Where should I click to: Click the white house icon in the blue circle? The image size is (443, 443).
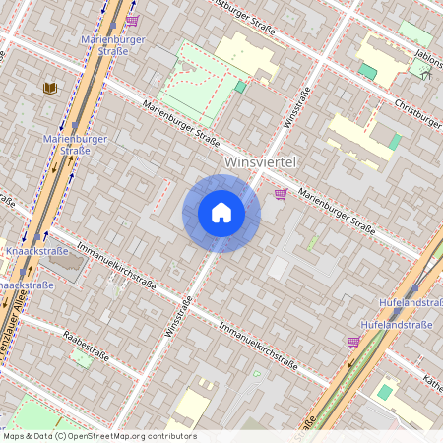pyautogui.click(x=221, y=213)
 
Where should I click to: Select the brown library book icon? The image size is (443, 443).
pyautogui.click(x=50, y=88)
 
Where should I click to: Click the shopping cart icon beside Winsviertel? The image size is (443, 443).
pyautogui.click(x=282, y=194)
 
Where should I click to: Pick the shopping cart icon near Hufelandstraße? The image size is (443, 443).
pyautogui.click(x=353, y=342)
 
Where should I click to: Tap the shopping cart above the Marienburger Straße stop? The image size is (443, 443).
pyautogui.click(x=132, y=19)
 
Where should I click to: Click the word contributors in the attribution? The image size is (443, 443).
pyautogui.click(x=171, y=436)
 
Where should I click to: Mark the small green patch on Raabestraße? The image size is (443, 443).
pyautogui.click(x=83, y=358)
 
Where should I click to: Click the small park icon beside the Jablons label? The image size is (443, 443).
pyautogui.click(x=426, y=74)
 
